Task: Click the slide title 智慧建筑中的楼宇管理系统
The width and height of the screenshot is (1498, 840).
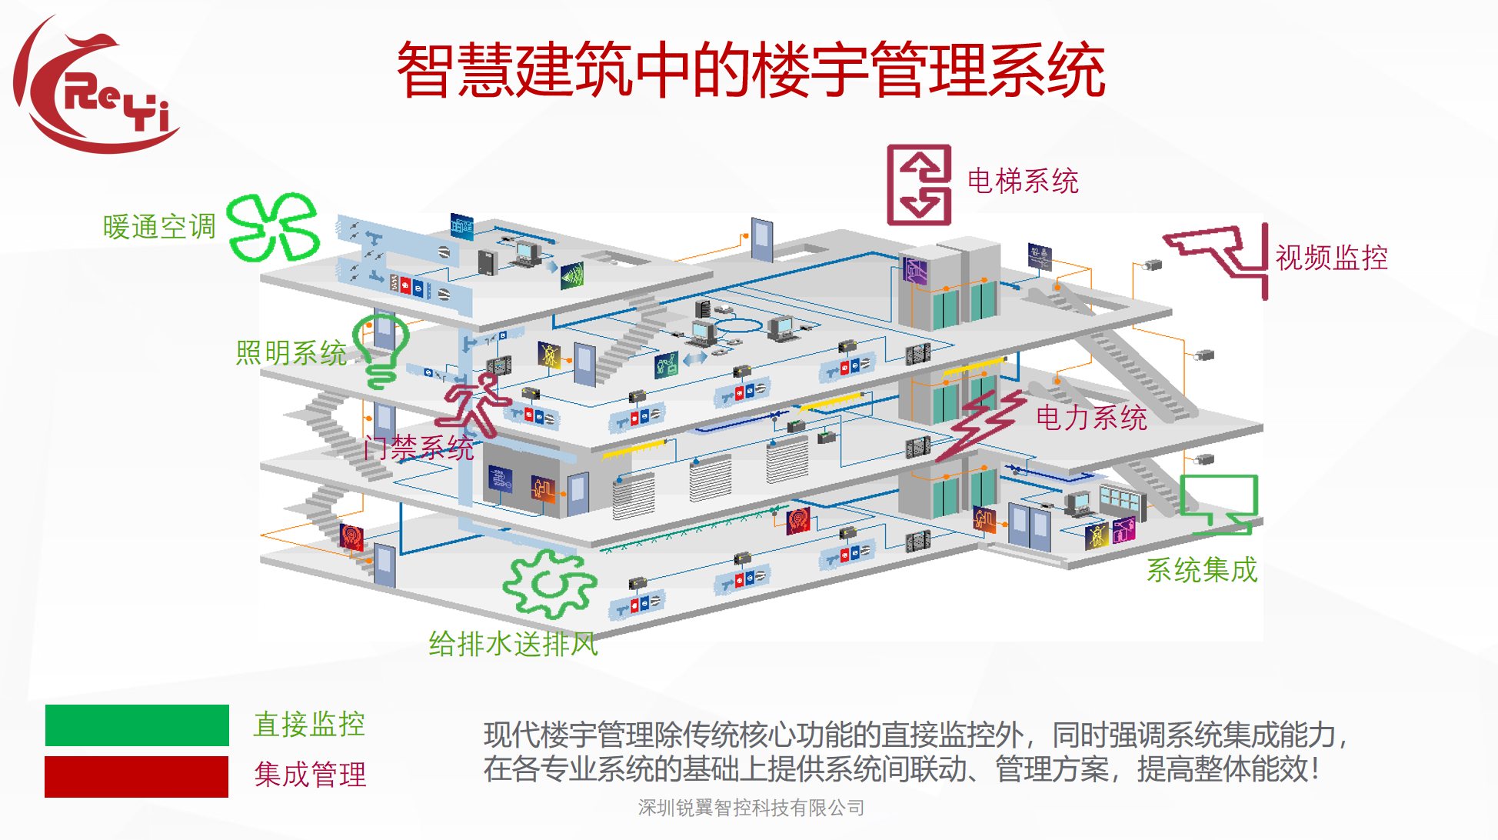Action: (751, 70)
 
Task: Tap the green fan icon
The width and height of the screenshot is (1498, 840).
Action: (274, 227)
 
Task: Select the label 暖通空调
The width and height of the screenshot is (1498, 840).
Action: (159, 227)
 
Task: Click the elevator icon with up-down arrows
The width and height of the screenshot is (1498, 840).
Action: (919, 185)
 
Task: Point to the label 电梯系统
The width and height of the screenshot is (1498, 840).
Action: (1022, 182)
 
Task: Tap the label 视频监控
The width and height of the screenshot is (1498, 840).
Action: (1331, 258)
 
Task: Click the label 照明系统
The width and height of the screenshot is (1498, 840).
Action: (291, 353)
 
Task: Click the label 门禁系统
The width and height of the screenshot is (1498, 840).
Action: (418, 448)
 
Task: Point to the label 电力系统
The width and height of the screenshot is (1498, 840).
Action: (1091, 418)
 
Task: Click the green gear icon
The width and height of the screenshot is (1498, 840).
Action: (550, 585)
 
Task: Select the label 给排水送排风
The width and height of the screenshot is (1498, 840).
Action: (513, 644)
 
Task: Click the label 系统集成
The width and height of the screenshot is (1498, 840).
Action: (1201, 570)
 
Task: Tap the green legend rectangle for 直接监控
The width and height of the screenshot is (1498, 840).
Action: (137, 725)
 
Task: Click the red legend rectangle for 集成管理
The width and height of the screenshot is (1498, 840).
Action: (136, 776)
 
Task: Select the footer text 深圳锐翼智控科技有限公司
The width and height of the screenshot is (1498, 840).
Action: (751, 808)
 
